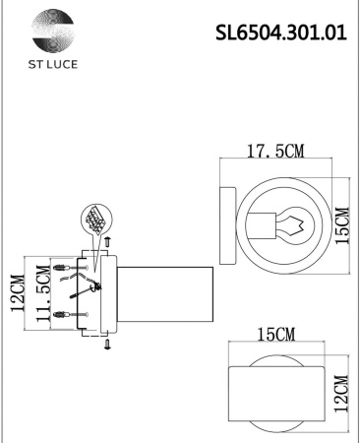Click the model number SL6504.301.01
(x=280, y=32)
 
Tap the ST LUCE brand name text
(x=49, y=65)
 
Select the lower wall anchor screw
(x=65, y=315)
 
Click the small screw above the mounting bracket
(x=108, y=240)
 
